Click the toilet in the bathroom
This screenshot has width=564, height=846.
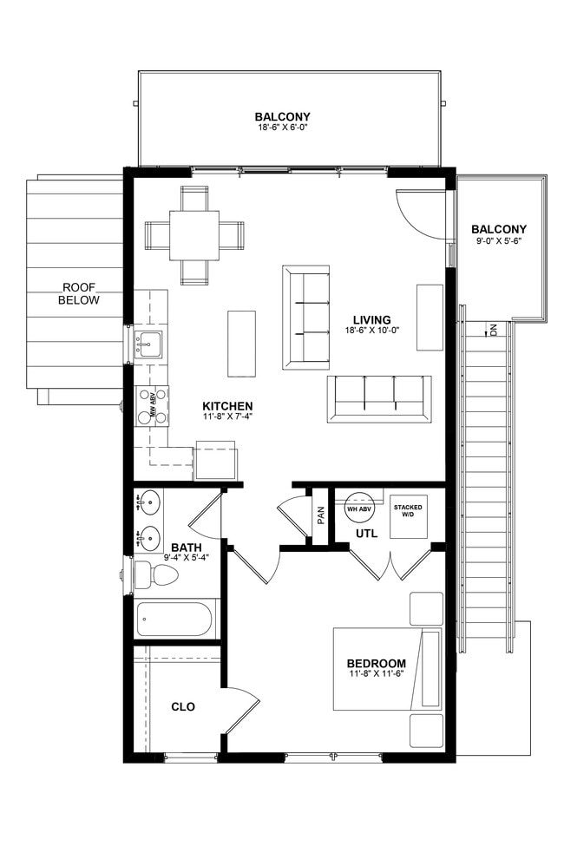click(155, 575)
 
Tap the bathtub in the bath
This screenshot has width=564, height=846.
click(174, 619)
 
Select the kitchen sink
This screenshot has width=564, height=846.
click(147, 344)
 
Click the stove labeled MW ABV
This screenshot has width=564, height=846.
click(151, 406)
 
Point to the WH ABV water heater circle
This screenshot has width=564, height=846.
click(359, 508)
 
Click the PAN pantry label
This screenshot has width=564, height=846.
click(321, 515)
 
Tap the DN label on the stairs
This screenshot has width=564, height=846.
click(494, 329)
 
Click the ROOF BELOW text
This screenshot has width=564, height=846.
click(79, 293)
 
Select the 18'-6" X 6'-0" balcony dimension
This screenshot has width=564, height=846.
click(282, 128)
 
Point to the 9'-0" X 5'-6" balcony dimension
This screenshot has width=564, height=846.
click(499, 242)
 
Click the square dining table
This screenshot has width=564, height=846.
click(194, 235)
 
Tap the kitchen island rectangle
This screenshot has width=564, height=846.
click(241, 343)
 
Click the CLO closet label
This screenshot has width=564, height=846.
click(183, 707)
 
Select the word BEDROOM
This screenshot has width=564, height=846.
click(377, 664)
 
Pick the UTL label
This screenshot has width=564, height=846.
click(366, 534)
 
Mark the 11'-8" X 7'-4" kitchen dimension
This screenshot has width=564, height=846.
click(227, 416)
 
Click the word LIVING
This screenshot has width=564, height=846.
click(372, 320)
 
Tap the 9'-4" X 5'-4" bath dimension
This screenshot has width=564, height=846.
click(187, 557)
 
